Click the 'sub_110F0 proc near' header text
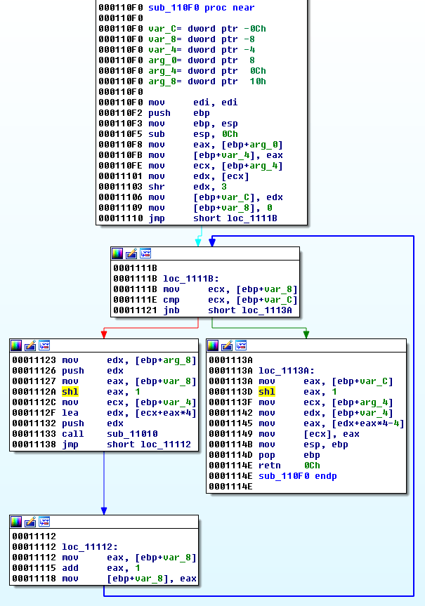pyautogui.click(x=201, y=8)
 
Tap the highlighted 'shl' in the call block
pyautogui.click(x=70, y=392)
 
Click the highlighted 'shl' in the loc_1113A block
pyautogui.click(x=267, y=392)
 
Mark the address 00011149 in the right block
pyautogui.click(x=229, y=434)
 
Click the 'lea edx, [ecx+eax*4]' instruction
pyautogui.click(x=126, y=413)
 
